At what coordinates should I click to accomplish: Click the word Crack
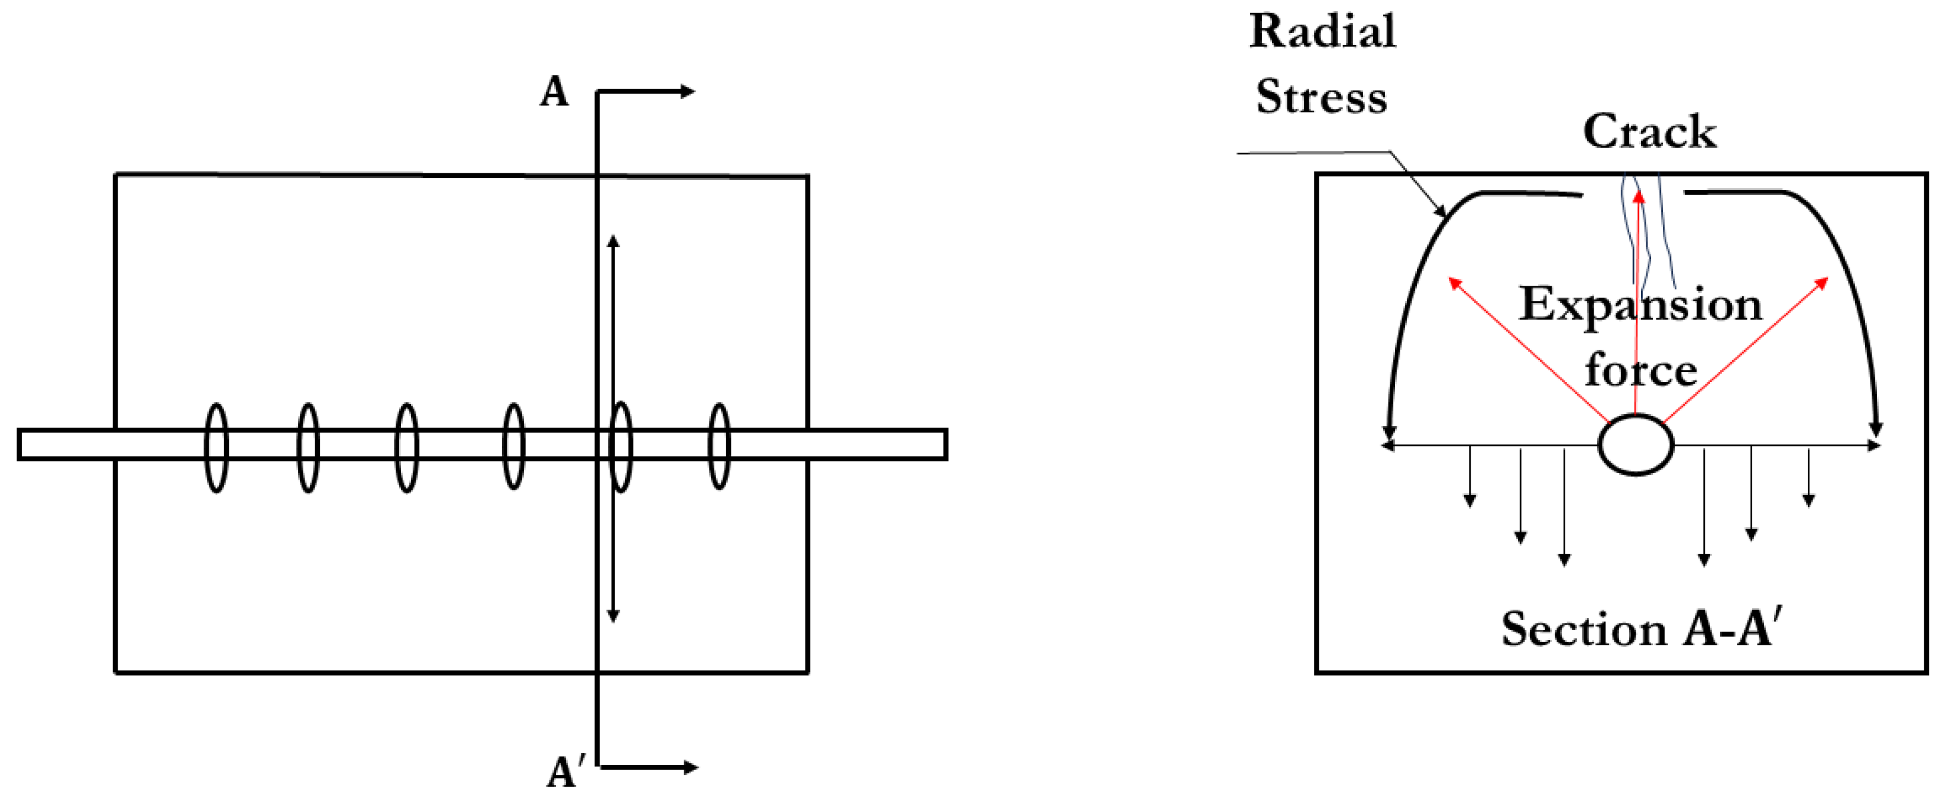pos(1649,132)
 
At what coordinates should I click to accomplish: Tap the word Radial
pos(1322,32)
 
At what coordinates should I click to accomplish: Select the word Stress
pos(1321,98)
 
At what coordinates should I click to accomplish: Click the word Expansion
pos(1640,304)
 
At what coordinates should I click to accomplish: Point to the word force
pos(1640,370)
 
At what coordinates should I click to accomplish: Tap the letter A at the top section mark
pos(554,93)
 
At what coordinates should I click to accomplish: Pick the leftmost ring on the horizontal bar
pos(216,447)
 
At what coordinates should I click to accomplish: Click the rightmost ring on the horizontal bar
pos(719,447)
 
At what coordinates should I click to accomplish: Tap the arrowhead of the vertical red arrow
pos(1638,195)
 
